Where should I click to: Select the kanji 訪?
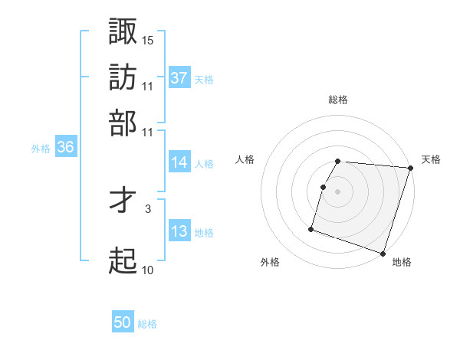point(123,77)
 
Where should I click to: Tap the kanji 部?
point(123,123)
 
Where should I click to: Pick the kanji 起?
point(123,261)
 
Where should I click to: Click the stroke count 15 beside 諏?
point(148,39)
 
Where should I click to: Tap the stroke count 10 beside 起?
point(148,270)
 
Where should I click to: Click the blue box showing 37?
point(179,77)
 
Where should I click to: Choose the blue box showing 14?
point(179,162)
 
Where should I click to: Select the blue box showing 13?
point(179,231)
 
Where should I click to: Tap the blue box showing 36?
point(65,148)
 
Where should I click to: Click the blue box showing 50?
point(123,322)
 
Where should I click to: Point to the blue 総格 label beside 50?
point(147,324)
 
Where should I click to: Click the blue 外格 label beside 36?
point(41,149)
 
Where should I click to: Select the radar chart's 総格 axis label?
point(338,100)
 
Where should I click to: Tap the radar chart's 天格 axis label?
point(431,159)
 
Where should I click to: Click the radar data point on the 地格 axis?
point(383,253)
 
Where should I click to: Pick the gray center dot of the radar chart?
point(338,191)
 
